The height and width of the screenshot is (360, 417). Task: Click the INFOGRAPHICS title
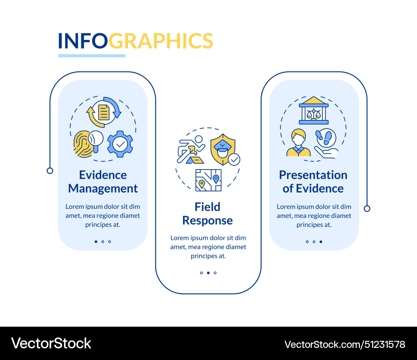coord(136,41)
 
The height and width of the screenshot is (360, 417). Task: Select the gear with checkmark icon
coord(120,144)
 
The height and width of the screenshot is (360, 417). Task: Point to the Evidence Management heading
coord(103,182)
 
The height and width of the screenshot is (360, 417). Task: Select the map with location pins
coord(208,180)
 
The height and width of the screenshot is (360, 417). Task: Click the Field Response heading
coord(207,213)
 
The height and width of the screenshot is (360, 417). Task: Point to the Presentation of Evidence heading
coord(313,182)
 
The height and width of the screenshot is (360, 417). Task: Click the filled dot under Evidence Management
coord(96,241)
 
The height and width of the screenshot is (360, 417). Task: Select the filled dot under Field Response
coord(208,273)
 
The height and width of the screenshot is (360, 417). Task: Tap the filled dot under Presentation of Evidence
coord(321,241)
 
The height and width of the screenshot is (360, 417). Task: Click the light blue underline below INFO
coord(92,55)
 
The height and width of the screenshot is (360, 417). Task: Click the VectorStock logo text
coord(51,343)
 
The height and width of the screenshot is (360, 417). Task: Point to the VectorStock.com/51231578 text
coord(345,345)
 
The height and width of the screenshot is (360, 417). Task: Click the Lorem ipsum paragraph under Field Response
coord(208,247)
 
